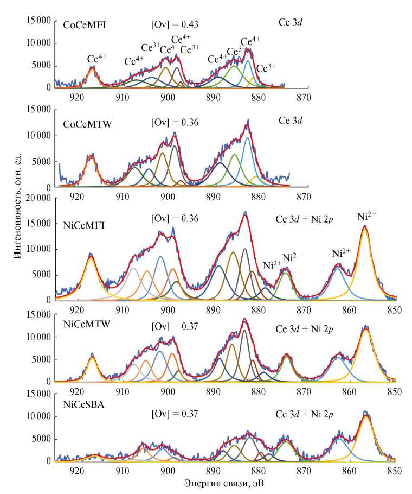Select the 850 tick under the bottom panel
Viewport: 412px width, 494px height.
click(x=394, y=471)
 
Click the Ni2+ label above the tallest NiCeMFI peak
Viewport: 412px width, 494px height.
click(x=367, y=216)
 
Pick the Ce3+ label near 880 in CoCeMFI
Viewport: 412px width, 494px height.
click(x=266, y=68)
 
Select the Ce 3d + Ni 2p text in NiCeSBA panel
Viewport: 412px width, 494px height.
click(x=305, y=414)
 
